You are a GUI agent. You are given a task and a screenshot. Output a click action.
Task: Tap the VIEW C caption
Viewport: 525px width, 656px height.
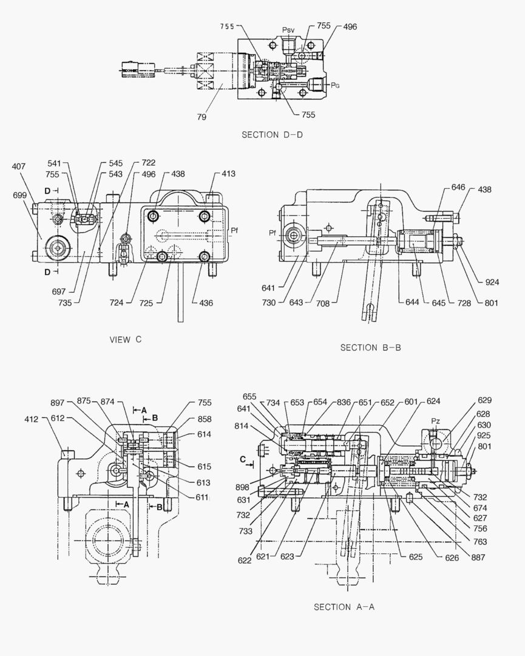tap(125, 340)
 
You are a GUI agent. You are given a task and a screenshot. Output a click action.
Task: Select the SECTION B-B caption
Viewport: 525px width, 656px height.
tap(370, 347)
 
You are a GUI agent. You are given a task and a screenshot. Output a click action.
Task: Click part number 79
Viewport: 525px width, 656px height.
tap(201, 117)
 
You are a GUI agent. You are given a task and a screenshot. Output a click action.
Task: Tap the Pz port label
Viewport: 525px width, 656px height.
tap(435, 420)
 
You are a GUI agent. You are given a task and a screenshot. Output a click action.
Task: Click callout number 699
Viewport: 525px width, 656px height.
tap(19, 195)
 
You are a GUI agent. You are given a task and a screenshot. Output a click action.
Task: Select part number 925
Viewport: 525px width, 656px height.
tap(484, 436)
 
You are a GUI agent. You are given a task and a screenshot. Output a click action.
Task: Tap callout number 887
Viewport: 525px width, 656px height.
tap(484, 556)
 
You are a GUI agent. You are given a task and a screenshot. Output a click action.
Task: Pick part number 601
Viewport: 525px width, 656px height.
tap(411, 401)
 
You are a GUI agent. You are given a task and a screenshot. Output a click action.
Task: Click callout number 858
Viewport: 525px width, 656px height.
tap(204, 420)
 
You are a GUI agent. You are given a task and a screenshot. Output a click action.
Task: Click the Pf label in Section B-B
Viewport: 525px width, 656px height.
tap(273, 233)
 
